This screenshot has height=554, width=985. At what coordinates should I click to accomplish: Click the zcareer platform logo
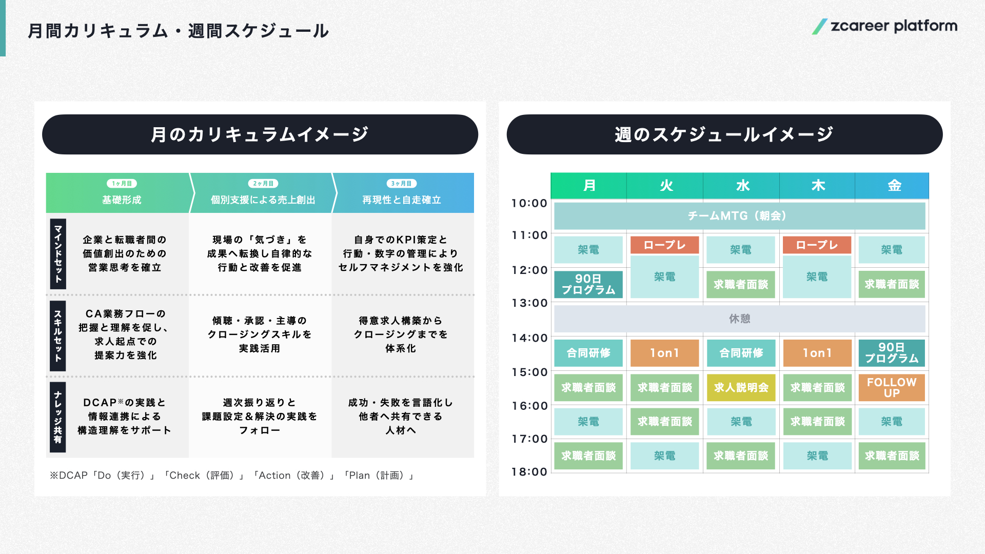[884, 26]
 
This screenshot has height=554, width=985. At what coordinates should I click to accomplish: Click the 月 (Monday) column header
[589, 186]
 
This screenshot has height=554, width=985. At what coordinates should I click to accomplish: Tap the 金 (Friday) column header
[892, 186]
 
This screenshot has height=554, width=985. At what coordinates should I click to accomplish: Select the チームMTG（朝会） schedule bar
[740, 216]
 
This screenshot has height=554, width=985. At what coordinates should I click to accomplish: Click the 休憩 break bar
[740, 319]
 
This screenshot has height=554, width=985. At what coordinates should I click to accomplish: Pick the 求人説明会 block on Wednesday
[741, 387]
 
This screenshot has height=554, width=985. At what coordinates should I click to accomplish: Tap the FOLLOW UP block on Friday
[892, 387]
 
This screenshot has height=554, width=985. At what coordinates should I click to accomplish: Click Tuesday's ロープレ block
[664, 245]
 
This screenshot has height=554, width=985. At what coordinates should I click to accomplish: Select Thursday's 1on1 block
[817, 353]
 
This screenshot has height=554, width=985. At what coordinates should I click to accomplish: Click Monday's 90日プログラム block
[588, 284]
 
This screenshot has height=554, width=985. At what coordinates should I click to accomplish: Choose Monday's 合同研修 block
[588, 353]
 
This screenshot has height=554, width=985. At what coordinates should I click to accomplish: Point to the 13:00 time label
[529, 303]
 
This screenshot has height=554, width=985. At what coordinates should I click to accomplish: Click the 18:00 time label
[529, 472]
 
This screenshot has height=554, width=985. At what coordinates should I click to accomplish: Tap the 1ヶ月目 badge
[122, 184]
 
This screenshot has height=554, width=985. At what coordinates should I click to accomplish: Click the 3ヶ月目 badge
[401, 184]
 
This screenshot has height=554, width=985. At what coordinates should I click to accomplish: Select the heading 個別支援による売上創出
[263, 200]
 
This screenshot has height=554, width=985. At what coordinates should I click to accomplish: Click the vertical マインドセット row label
[58, 254]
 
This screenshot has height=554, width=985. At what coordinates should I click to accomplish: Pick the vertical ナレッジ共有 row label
[58, 417]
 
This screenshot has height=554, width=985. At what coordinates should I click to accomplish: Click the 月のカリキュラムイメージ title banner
[260, 134]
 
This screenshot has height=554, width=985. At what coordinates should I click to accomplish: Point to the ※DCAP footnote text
[231, 476]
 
